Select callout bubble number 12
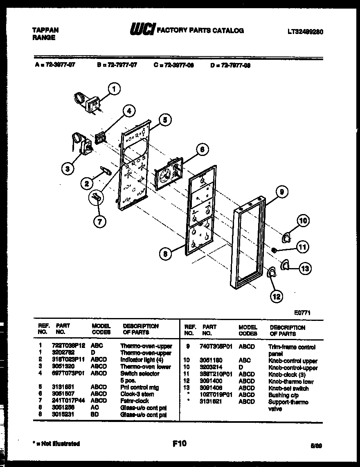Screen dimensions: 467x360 coord(277,296)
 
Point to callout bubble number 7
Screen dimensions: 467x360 coord(99,221)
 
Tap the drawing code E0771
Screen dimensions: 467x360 coord(303,312)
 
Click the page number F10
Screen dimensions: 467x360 coord(180,442)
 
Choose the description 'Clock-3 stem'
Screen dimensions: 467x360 coord(137,394)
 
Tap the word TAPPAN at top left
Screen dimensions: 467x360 coord(45,30)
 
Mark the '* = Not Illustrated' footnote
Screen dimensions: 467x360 coord(56,444)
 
